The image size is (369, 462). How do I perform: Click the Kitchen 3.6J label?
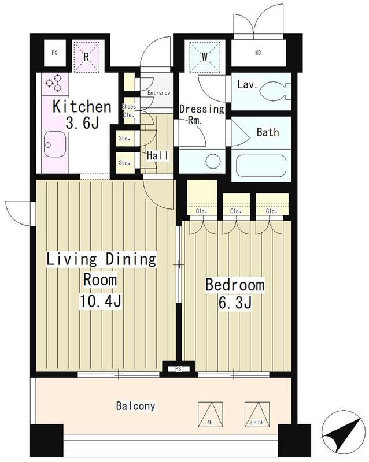[x=82, y=114]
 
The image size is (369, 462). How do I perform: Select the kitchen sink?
[x=54, y=144]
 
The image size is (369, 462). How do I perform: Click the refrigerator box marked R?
[x=86, y=56]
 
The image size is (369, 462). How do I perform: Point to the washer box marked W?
[x=204, y=56]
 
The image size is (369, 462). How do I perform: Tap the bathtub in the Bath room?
[x=261, y=166]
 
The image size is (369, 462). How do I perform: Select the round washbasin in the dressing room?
[x=213, y=162]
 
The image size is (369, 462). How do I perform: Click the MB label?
[x=258, y=53]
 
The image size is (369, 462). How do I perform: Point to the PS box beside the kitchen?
[x=54, y=53]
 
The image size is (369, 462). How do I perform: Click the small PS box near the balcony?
[x=178, y=368]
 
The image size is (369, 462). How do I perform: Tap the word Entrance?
[x=159, y=93]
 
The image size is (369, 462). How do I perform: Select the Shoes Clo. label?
[x=129, y=111]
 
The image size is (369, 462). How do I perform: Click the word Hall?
[x=158, y=155]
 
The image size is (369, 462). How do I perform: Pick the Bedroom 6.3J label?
[x=235, y=293]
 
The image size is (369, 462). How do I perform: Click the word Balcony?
[x=135, y=407]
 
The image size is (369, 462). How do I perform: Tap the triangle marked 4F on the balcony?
[x=210, y=414]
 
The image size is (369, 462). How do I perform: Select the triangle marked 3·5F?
[x=257, y=414]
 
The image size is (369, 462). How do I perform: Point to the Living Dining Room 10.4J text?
[x=101, y=280]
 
